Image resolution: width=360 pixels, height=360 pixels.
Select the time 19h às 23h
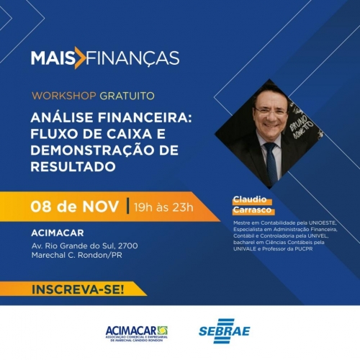164,208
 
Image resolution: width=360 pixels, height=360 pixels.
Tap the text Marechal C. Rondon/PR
79,257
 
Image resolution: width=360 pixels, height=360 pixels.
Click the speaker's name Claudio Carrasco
251,204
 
